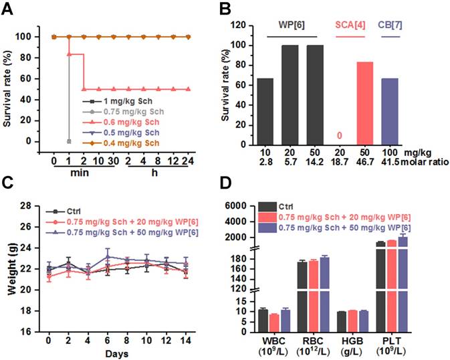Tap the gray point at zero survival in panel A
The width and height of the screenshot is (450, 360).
(x=70, y=141)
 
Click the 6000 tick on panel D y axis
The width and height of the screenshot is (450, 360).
(x=242, y=205)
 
